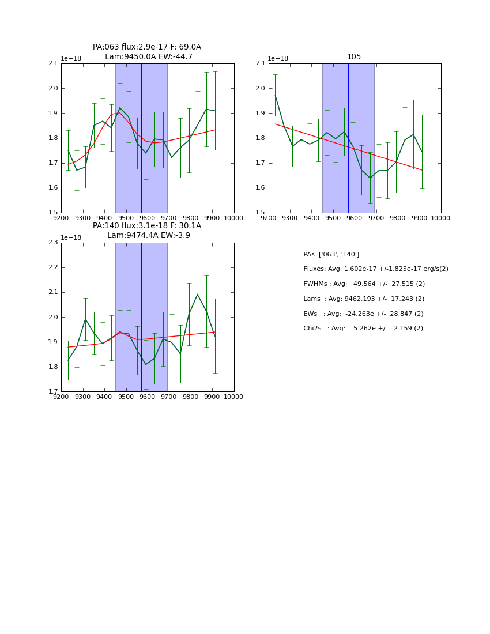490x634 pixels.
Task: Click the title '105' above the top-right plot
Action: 354,56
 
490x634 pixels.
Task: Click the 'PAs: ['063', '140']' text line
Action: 331,254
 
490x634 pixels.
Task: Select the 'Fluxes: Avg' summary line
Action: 375,269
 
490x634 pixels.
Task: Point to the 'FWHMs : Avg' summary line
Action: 364,284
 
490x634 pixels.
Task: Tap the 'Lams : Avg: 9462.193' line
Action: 364,299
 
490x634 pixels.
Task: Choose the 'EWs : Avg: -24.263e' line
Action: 363,314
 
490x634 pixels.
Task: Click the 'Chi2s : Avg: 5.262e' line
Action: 363,329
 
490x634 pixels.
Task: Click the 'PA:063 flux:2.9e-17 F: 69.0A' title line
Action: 147,47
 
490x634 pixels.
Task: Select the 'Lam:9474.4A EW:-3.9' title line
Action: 148,236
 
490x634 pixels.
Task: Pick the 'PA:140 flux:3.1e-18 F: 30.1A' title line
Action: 147,226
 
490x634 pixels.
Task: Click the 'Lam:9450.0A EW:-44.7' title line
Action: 149,57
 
